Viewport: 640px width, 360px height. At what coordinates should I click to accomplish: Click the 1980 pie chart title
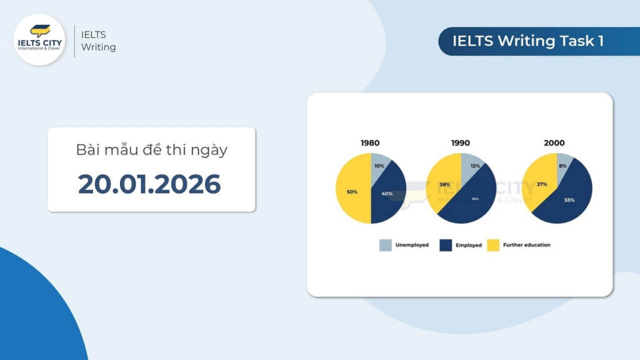coord(370,143)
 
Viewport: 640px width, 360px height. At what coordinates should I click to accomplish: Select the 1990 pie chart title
coord(461,143)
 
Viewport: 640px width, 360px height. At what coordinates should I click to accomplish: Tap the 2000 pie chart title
coord(554,143)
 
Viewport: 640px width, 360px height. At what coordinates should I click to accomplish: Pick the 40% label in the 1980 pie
coord(387,194)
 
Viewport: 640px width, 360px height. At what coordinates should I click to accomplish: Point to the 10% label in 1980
coord(379,166)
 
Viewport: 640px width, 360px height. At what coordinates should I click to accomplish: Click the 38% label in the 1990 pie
coord(444,184)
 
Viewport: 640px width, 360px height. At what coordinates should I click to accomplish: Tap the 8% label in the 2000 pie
coord(563,166)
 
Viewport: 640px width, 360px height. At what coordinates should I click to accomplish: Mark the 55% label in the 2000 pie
coord(569,200)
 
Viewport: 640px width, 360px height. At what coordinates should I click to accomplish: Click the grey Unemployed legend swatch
coord(386,245)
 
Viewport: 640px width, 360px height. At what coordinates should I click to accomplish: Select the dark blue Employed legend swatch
coord(446,245)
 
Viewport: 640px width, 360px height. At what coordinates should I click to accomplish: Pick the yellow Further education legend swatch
coord(493,245)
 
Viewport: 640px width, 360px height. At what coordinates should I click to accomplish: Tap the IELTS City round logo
coord(39,39)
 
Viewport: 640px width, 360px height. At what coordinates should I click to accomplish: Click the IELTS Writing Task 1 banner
coord(529,41)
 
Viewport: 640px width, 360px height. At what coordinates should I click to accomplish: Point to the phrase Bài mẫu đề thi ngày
coord(151,150)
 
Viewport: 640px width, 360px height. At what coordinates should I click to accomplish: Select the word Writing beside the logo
coord(99,47)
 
